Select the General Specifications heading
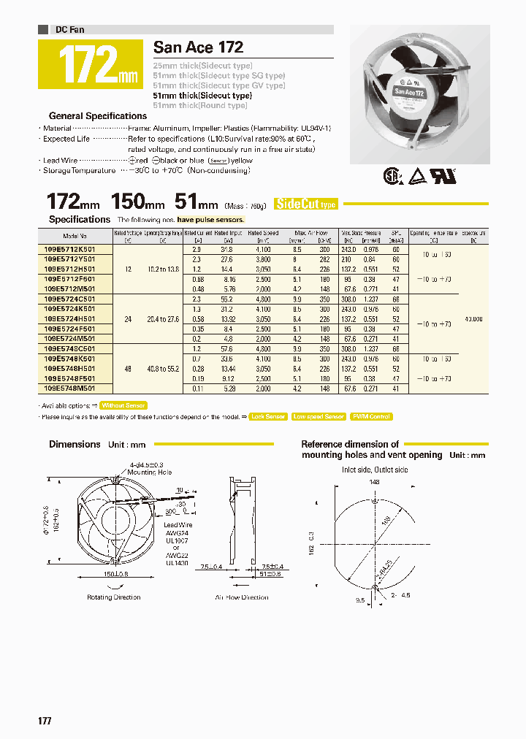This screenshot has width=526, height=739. click(98, 115)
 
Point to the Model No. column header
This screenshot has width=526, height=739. click(75, 237)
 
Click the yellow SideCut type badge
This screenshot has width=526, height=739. click(305, 204)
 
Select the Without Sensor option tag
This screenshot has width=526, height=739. click(123, 405)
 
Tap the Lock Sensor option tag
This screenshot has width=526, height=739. click(267, 416)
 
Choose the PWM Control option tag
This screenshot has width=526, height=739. click(371, 416)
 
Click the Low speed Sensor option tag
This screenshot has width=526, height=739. click(319, 416)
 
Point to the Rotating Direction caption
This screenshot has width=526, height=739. click(114, 597)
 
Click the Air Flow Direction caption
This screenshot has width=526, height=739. click(242, 597)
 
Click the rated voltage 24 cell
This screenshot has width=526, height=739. click(128, 319)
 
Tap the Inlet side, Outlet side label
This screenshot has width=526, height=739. click(375, 470)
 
